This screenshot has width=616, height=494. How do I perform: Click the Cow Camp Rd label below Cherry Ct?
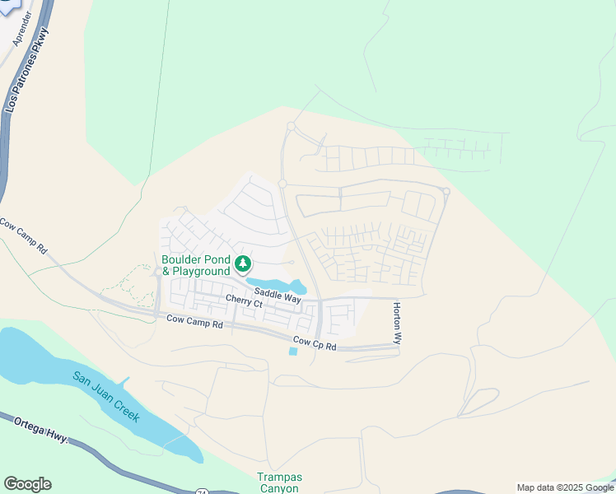pyautogui.click(x=194, y=322)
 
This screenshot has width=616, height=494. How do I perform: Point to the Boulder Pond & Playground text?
pyautogui.click(x=196, y=265)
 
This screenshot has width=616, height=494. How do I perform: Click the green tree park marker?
pyautogui.click(x=243, y=264)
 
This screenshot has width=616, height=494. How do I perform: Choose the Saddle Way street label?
pyautogui.click(x=278, y=295)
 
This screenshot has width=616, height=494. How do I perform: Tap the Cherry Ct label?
pyautogui.click(x=244, y=302)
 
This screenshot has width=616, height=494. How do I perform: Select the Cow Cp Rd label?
pyautogui.click(x=315, y=343)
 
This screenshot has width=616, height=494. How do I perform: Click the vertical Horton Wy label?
pyautogui.click(x=396, y=322)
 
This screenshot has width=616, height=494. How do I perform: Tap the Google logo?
pyautogui.click(x=27, y=484)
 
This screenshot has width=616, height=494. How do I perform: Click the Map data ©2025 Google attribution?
pyautogui.click(x=564, y=487)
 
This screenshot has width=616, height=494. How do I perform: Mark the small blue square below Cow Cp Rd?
pyautogui.click(x=294, y=352)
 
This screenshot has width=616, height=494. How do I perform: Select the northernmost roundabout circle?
pyautogui.click(x=291, y=126)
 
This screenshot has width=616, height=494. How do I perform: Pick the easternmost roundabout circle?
pyautogui.click(x=446, y=192)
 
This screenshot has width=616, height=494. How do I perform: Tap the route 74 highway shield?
pyautogui.click(x=202, y=492)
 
